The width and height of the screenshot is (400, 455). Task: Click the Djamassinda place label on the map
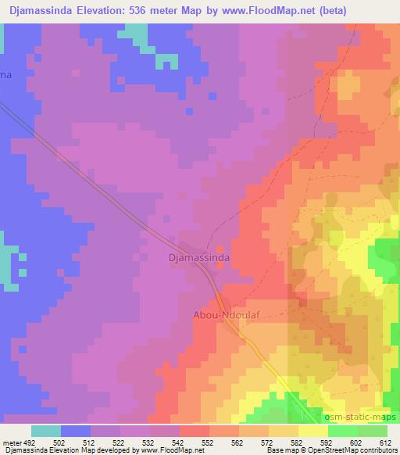[198, 256]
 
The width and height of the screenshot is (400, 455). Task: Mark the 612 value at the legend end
[385, 442]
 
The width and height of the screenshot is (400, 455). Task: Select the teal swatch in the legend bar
[46, 431]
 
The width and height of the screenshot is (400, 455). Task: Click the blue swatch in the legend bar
[76, 431]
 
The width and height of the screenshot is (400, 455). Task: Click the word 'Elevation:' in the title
[104, 10]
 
